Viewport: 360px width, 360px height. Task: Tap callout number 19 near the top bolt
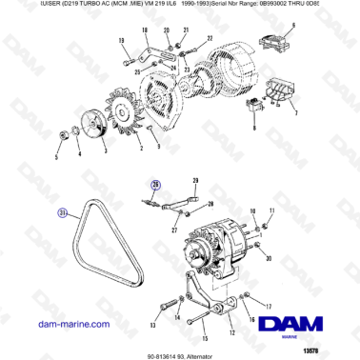point(123,41)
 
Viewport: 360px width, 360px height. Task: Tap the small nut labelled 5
point(63,130)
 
